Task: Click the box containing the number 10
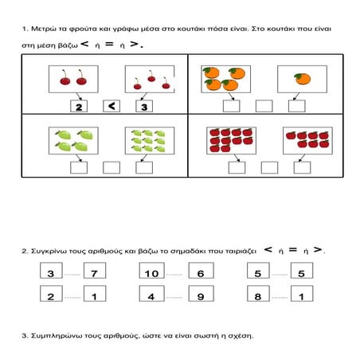coord(151,270)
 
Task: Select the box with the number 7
coord(95,270)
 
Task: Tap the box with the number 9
coord(201,293)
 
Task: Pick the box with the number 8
coord(258,293)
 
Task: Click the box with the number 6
coord(201,270)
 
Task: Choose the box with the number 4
coord(151,293)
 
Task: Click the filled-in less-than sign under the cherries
coord(112,106)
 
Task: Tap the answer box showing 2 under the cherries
coord(79,106)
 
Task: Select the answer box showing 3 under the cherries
coord(144,106)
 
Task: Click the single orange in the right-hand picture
coord(303,79)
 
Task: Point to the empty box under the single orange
coord(297,106)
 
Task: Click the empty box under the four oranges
coord(232,106)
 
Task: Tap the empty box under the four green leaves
coord(79,167)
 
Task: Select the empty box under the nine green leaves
coord(144,167)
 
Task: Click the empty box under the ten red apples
coord(237,167)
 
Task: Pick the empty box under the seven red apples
coord(302,167)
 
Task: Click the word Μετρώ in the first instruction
coord(42,29)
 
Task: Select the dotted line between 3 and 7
coord(72,274)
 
